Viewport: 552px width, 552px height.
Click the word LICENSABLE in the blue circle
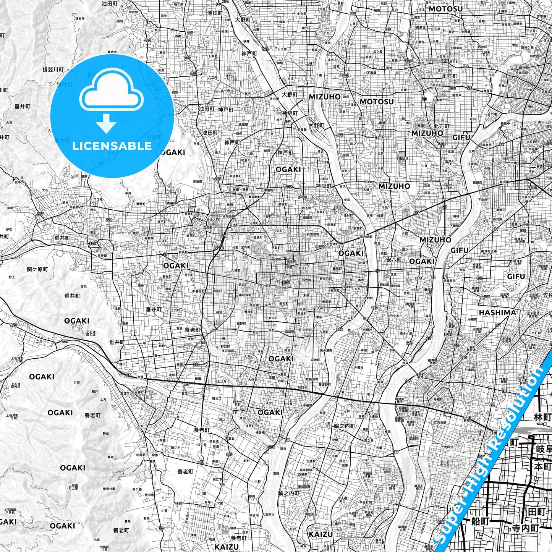[112, 146]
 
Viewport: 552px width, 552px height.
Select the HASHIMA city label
[497, 312]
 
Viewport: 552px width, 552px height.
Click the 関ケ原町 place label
[38, 269]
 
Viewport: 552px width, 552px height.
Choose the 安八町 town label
[394, 259]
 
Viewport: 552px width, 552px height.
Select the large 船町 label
[480, 521]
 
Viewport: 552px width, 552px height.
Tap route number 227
[65, 341]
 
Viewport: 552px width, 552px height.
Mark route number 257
[39, 214]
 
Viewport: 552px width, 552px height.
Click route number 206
[367, 181]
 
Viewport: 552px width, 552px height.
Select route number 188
[448, 186]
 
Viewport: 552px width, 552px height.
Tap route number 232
[339, 329]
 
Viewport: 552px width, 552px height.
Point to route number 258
[271, 447]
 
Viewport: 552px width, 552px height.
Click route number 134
[441, 522]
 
